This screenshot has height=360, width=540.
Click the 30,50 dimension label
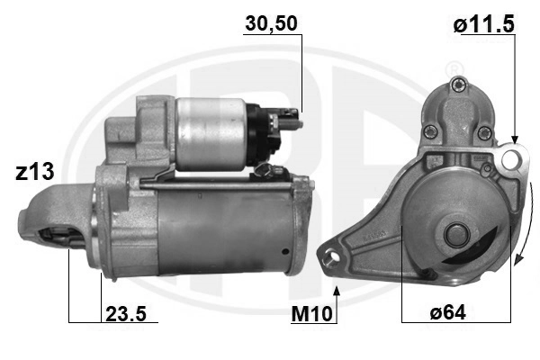(x=272, y=23)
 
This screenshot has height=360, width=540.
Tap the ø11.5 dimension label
(x=484, y=24)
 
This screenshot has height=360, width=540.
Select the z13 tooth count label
(x=35, y=172)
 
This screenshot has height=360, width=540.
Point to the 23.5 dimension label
(x=126, y=313)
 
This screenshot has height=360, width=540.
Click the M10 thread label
(x=311, y=314)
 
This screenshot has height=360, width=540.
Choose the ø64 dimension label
(x=447, y=312)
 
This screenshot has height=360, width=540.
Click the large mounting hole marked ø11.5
(x=510, y=158)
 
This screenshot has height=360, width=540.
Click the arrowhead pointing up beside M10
(x=337, y=291)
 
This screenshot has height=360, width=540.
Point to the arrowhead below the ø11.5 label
(x=515, y=139)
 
